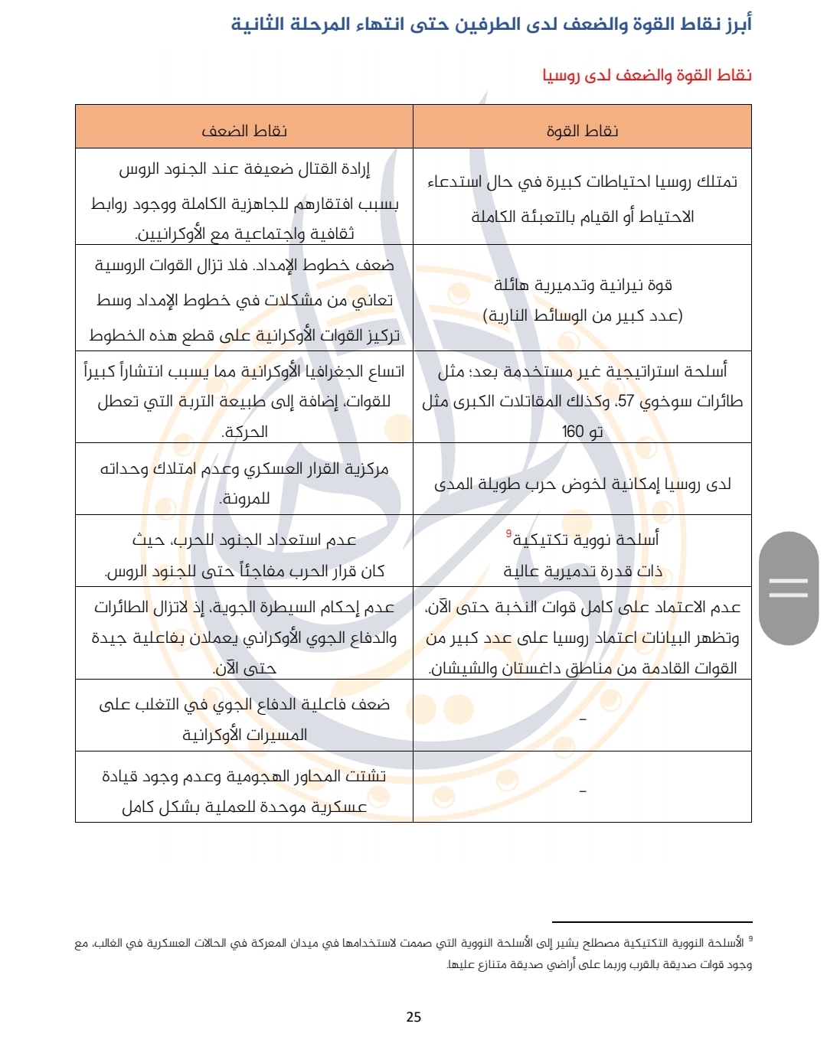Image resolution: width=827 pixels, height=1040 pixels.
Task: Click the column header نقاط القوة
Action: pos(582,131)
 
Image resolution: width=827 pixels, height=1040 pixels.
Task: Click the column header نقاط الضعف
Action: pos(244,131)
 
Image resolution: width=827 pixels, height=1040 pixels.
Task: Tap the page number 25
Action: pos(413,1016)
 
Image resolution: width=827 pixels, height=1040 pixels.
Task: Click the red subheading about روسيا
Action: pos(647,75)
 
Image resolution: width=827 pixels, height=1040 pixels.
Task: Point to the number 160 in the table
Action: pos(573,432)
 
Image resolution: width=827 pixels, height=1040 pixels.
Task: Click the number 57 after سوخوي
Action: pos(626,401)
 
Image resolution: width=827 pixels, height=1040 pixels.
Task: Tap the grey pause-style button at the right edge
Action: pos(789,588)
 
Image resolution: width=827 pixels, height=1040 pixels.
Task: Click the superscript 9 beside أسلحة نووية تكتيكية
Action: pos(508,533)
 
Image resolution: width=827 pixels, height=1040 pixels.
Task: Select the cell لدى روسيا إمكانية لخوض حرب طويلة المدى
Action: pos(582,484)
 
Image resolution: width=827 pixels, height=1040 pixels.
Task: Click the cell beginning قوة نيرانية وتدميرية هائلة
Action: pos(582,300)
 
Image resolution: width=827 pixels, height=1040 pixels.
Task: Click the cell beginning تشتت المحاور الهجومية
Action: pos(244,791)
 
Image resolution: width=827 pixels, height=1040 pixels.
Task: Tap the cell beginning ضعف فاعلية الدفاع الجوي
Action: pos(244,719)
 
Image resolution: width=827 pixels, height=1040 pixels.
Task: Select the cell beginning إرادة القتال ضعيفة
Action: pos(244,201)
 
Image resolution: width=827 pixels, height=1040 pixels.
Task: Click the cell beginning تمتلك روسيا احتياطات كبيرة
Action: pos(582,199)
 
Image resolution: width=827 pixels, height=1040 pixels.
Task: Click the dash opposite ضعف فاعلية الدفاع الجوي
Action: pos(583,719)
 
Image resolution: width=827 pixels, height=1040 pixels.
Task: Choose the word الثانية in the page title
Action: pos(260,24)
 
